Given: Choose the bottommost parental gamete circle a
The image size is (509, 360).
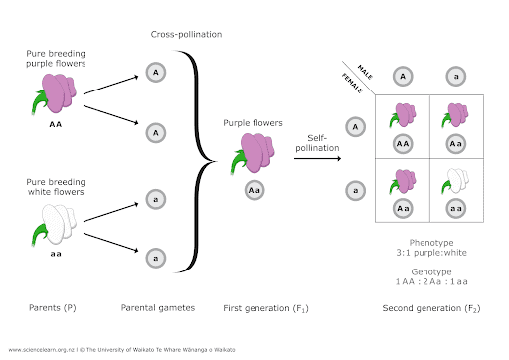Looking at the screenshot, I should (155, 259).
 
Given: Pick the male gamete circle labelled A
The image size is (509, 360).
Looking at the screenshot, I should (401, 76).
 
